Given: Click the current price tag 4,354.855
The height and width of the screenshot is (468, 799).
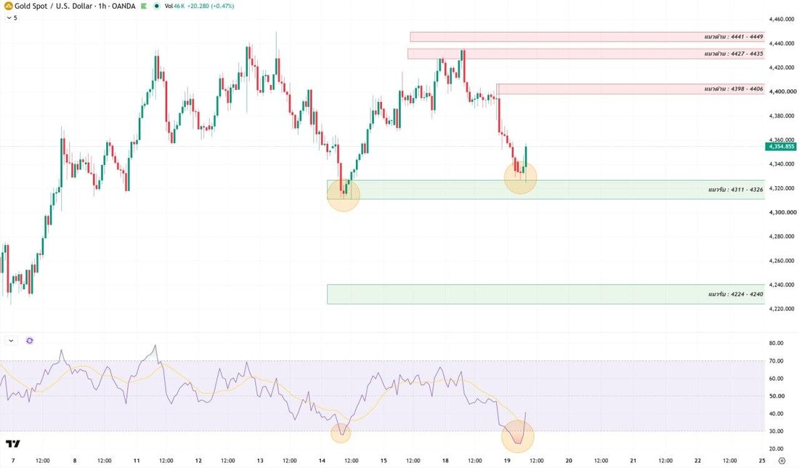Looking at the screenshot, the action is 780,147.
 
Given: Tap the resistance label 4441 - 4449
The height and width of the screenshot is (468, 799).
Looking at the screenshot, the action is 734,37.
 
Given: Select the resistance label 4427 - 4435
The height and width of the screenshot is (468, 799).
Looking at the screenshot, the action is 734,54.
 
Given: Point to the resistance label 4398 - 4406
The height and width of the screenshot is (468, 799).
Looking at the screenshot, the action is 734,89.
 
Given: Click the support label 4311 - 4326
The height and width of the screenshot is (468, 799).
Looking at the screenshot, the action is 735,190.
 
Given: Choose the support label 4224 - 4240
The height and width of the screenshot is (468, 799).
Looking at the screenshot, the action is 735,294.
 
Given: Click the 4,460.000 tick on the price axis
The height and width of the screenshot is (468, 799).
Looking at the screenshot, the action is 781,20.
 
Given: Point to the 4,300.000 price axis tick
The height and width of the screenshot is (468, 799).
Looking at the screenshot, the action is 782,212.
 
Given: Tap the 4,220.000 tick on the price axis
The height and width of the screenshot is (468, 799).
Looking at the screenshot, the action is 781,308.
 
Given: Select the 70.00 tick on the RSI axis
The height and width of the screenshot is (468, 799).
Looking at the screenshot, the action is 776,361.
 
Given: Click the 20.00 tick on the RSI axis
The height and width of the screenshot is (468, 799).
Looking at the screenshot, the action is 776,448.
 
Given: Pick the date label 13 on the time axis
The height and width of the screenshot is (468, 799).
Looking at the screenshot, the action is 260,460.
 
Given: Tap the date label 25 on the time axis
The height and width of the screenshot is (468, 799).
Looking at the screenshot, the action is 762,460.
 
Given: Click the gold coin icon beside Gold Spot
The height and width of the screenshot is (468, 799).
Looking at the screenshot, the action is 8,6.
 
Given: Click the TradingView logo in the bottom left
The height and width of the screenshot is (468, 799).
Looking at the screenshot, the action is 13,443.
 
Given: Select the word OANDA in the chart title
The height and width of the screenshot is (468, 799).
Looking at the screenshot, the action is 123,6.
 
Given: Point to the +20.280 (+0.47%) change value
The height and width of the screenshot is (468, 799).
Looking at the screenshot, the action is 211,6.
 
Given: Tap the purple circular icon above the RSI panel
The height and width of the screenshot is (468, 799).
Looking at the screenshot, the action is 30,341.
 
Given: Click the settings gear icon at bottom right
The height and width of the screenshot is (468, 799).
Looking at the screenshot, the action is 782,461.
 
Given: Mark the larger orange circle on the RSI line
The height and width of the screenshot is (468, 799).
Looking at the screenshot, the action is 518,436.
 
